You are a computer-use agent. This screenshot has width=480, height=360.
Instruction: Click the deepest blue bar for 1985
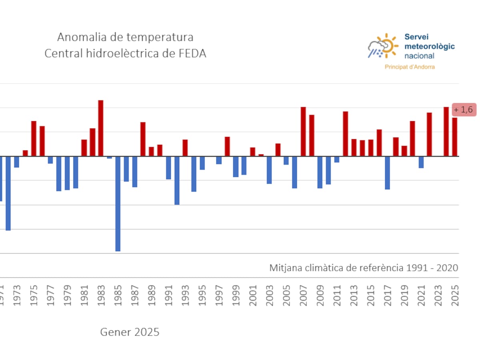[x=118, y=204]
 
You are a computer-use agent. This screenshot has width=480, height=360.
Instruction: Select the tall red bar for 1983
[x=101, y=128]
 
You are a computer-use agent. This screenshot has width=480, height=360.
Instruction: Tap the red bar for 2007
[x=303, y=132]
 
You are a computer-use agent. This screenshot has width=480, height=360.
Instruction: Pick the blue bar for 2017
[x=387, y=173]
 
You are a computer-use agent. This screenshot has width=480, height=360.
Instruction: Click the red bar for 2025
[x=455, y=137]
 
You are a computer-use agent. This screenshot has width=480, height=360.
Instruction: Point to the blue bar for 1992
[x=177, y=180]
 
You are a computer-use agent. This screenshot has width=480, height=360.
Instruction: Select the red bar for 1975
[x=34, y=138]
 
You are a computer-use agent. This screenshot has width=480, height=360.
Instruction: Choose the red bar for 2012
[x=345, y=134]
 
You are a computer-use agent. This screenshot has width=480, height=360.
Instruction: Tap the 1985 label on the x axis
[x=118, y=296]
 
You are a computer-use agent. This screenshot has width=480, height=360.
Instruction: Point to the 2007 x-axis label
[x=303, y=296]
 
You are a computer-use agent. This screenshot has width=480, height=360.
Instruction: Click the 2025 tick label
[x=455, y=296]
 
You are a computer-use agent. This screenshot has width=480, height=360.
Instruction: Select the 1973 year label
[x=17, y=296]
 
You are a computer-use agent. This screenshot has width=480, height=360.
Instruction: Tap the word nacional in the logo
[x=419, y=56]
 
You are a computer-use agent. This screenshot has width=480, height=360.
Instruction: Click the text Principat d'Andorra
[x=410, y=67]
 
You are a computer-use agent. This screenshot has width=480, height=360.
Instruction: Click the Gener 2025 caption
[x=130, y=332]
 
